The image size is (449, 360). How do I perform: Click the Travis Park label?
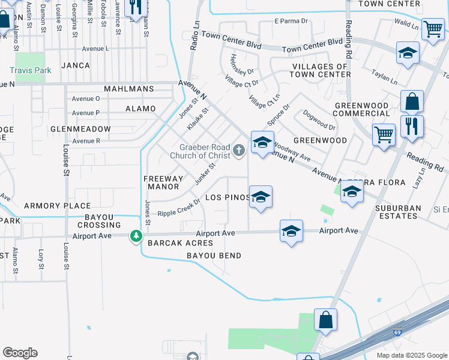30,70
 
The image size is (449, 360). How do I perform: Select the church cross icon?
240,150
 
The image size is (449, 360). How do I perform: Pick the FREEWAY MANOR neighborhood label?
163,182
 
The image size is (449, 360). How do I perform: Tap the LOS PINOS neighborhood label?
226,197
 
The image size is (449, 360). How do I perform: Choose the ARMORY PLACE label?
49,206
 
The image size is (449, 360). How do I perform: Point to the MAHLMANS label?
128,89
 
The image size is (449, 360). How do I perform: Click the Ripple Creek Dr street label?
178,212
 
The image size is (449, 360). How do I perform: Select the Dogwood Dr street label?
319,119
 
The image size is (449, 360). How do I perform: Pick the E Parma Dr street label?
291,21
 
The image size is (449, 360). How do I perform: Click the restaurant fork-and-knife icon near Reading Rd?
412,127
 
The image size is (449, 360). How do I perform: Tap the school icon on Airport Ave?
291,231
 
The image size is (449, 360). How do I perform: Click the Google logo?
20,352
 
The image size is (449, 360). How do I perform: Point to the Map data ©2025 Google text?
411,355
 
